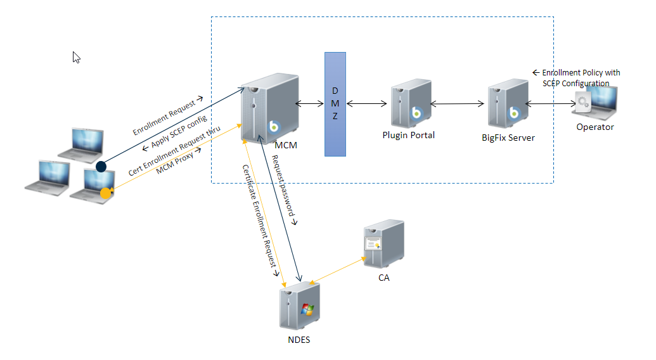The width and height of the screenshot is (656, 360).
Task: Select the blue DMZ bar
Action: point(335,104)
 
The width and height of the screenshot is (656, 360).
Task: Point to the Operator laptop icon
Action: point(595,100)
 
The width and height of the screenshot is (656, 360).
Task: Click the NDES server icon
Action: point(300,305)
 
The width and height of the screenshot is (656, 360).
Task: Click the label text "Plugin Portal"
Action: point(408,134)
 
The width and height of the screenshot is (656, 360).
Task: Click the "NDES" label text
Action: point(299,339)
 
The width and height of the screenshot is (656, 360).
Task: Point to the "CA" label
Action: point(383,277)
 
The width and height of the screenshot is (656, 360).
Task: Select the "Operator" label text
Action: point(595,127)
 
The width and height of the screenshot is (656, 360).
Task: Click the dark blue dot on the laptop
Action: point(101,167)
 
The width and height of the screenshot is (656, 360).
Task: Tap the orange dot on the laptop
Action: point(106,193)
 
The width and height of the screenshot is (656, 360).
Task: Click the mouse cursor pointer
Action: point(76,57)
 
